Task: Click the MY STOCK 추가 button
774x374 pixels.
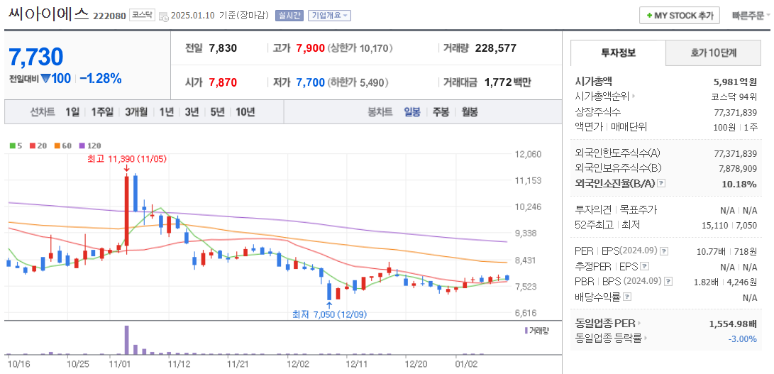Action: click(680, 16)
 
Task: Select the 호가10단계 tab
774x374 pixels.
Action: click(713, 53)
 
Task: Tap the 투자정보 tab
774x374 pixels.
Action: click(618, 53)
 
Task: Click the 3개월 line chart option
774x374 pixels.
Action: click(136, 112)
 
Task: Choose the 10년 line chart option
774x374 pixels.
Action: click(245, 112)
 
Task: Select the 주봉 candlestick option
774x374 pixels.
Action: click(441, 112)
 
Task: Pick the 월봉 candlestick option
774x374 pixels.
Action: click(469, 112)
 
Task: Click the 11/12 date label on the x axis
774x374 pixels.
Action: click(179, 363)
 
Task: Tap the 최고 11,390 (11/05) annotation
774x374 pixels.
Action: click(126, 159)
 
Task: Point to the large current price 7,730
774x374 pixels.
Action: click(37, 57)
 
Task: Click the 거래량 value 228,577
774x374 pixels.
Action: click(495, 48)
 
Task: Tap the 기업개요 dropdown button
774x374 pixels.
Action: click(329, 16)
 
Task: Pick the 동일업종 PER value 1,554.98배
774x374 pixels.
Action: click(732, 324)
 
